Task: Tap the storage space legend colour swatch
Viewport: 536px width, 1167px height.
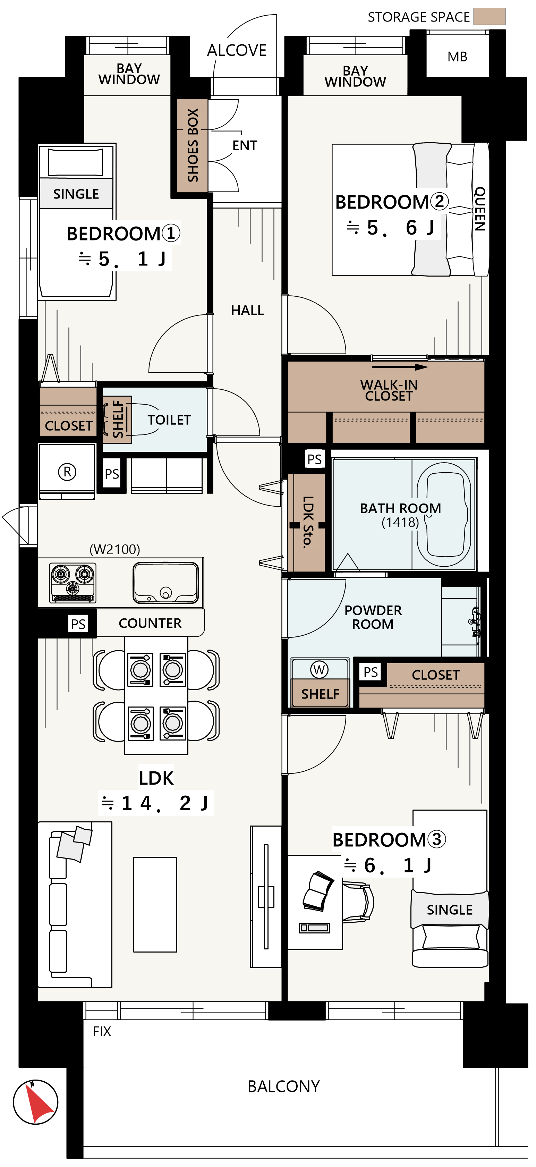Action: (489, 16)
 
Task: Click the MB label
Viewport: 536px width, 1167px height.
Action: (457, 57)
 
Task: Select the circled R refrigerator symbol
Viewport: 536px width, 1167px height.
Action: (67, 472)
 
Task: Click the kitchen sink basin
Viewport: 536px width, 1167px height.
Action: (165, 583)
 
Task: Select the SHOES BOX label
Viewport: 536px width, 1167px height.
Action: (193, 145)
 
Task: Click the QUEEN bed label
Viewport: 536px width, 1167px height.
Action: (480, 209)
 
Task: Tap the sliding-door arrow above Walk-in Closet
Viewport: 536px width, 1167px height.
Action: (400, 367)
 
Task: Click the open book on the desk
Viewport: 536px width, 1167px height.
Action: (318, 891)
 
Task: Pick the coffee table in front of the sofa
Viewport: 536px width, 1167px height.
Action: (155, 904)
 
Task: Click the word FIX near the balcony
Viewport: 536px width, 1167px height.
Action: (102, 1032)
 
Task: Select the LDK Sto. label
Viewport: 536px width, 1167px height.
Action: (308, 522)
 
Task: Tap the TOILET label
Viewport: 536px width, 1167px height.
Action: (169, 420)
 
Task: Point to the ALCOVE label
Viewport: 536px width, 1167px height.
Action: (237, 50)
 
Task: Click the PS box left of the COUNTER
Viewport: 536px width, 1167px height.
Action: (78, 624)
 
